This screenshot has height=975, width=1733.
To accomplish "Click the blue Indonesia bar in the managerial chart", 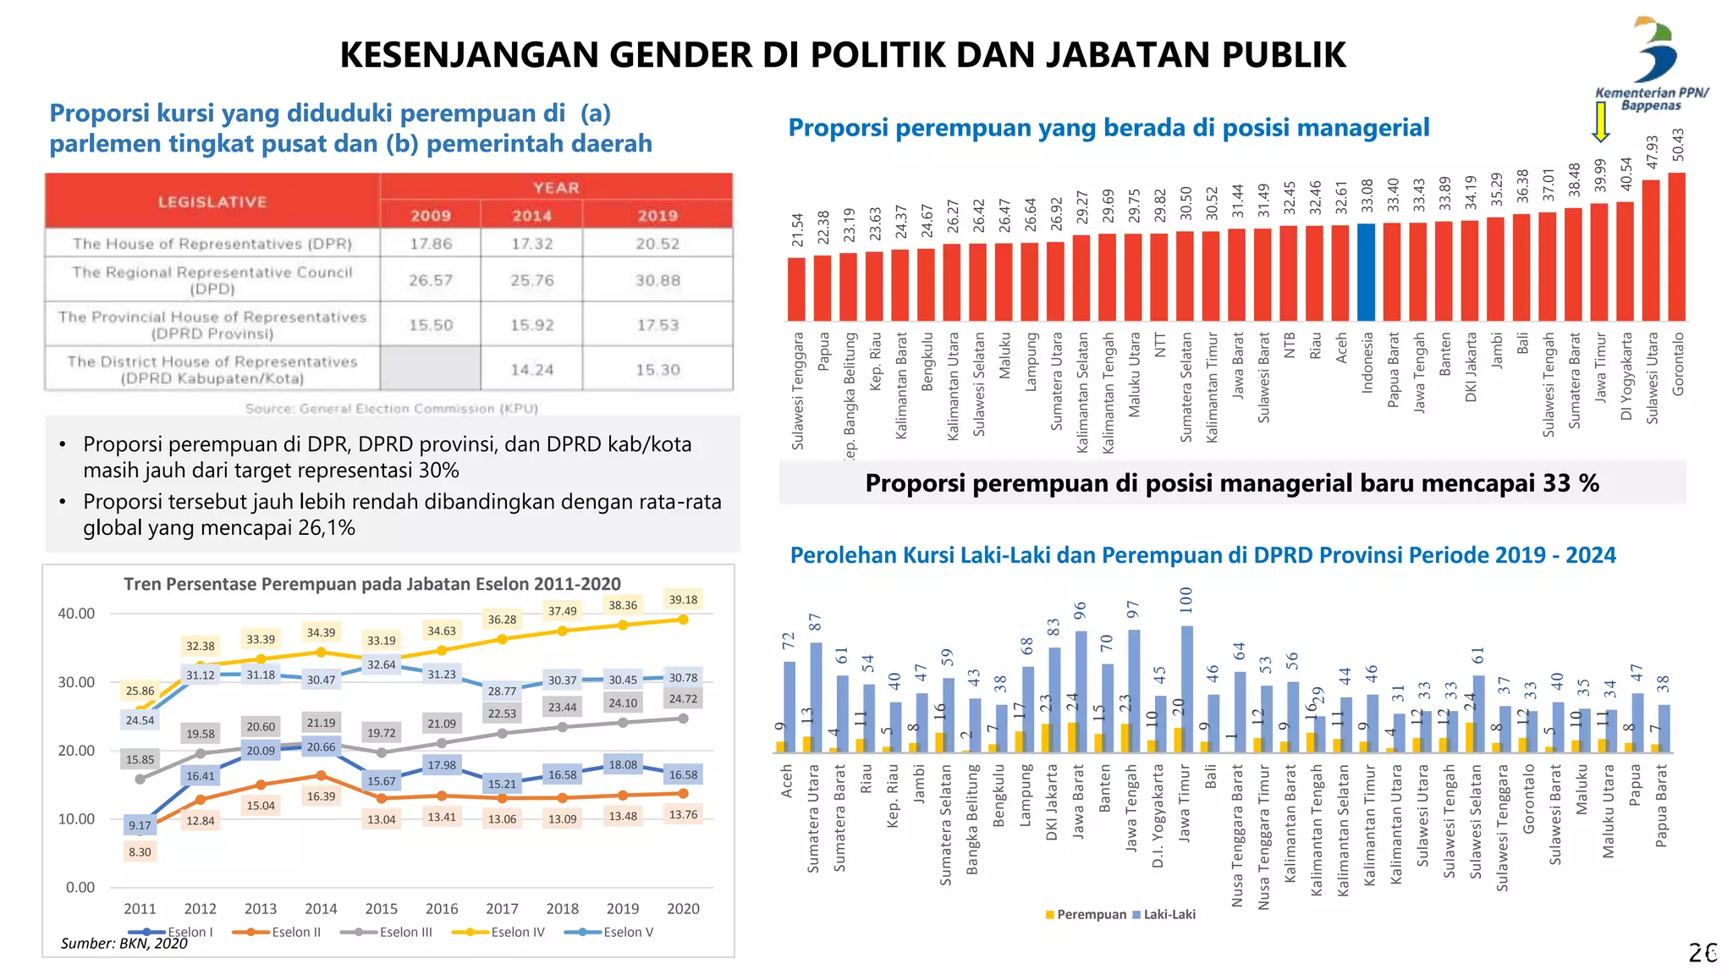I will (1366, 272).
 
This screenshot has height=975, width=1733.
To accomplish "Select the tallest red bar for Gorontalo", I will (1676, 246).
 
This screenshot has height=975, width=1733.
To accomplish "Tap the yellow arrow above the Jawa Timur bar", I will (1600, 122).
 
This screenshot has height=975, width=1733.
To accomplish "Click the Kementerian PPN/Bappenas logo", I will (1653, 63).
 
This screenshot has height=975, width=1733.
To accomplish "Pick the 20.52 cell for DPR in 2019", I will (657, 244).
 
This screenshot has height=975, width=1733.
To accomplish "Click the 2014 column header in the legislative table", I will (531, 215).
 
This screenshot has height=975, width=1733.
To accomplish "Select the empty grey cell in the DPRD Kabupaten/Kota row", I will (430, 369).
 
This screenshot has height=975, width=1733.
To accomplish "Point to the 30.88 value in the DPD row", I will (657, 280).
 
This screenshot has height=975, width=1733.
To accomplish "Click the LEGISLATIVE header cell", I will (212, 201).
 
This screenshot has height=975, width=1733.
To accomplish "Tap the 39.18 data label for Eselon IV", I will (683, 599).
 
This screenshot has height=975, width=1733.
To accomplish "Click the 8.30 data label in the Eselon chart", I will (140, 852).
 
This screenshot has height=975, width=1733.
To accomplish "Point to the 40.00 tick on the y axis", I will (76, 614).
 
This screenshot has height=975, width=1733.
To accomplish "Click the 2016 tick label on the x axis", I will (442, 908).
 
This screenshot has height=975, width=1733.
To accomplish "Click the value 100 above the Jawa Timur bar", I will (1186, 600).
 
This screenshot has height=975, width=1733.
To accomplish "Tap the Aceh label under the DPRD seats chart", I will (787, 781).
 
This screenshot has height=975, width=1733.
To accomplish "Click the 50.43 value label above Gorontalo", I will (1678, 145).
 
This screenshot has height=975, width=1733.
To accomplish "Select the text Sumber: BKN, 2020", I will (124, 943).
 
